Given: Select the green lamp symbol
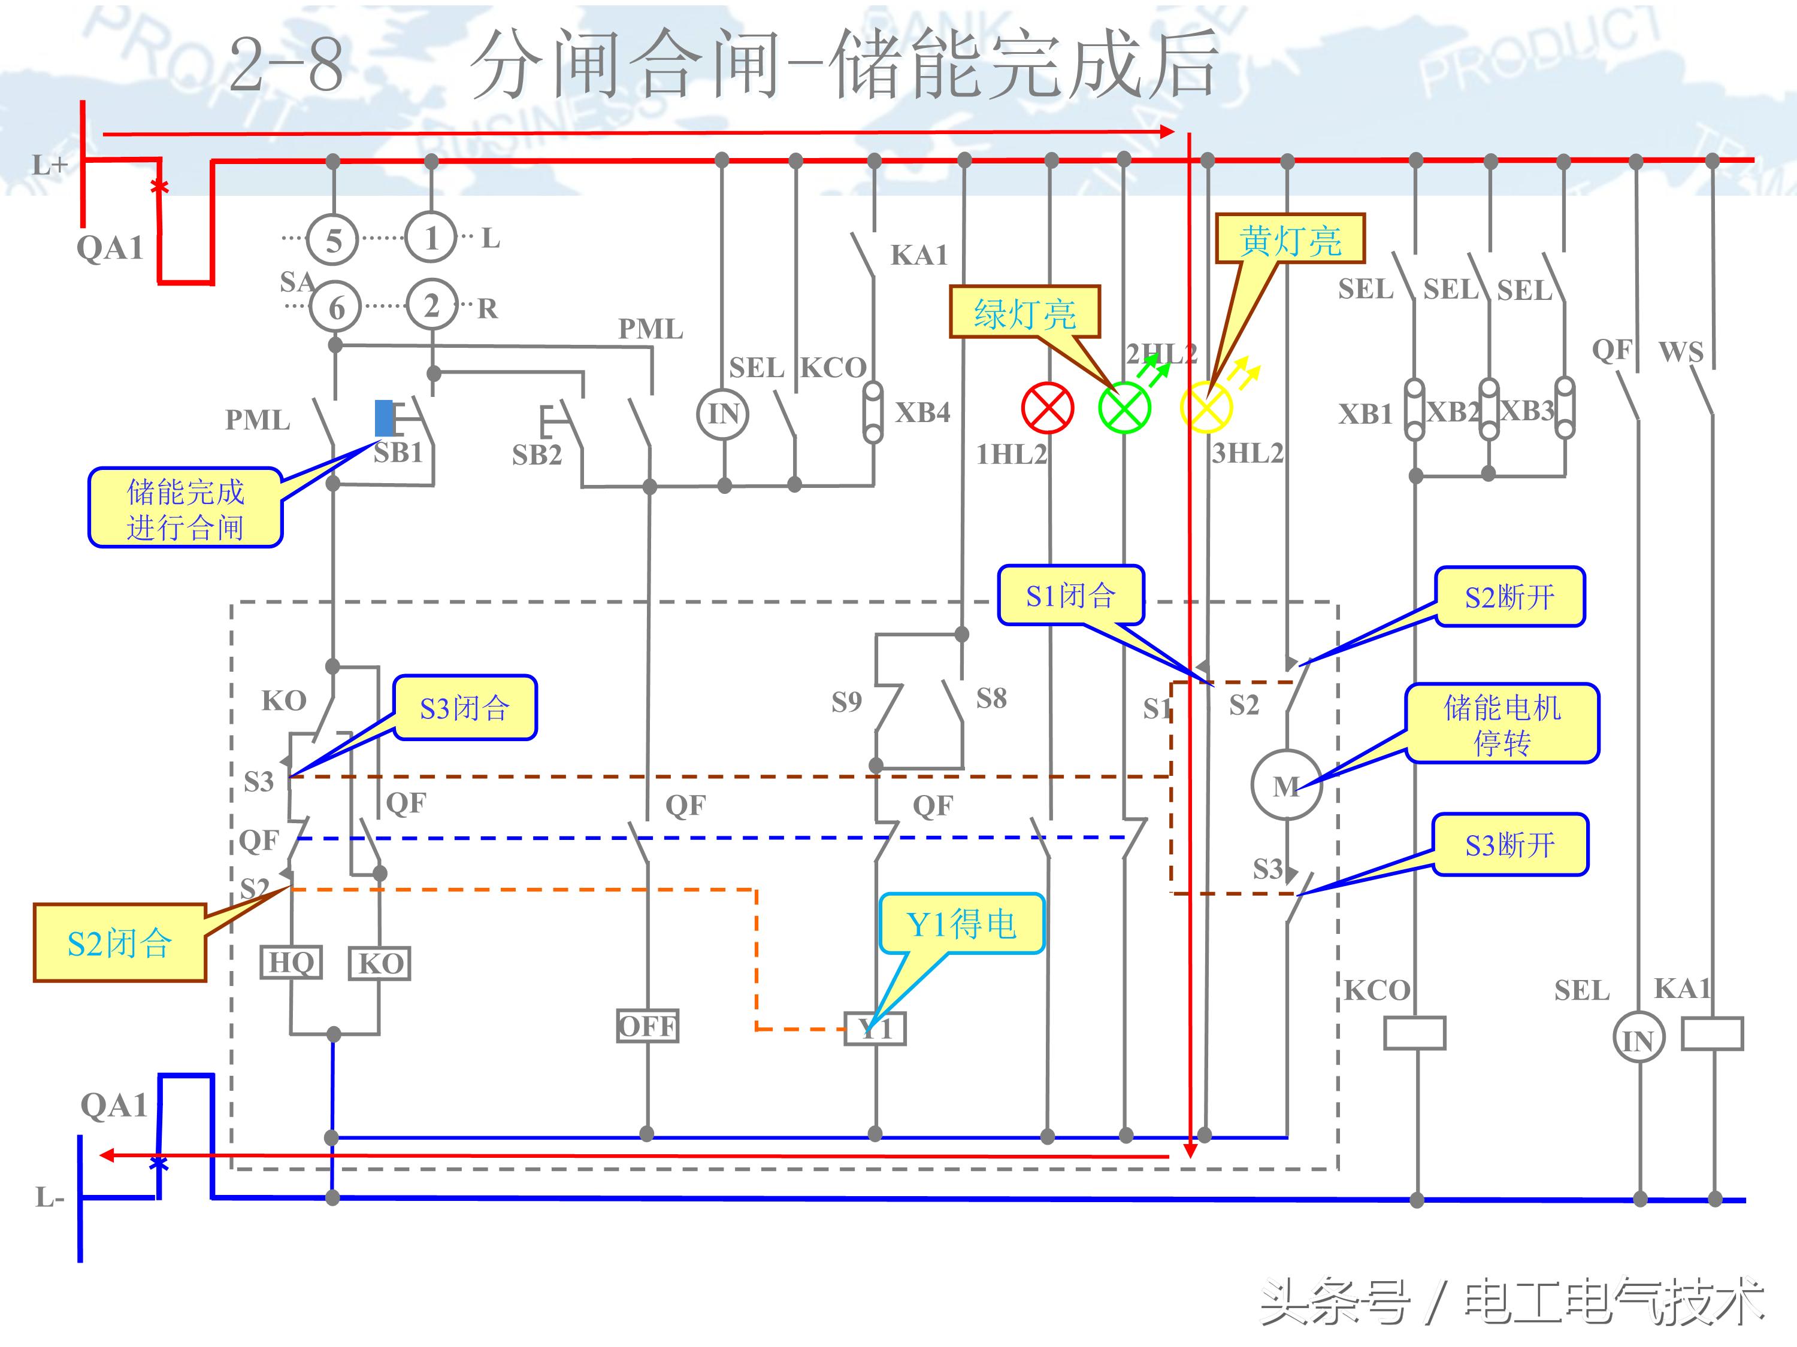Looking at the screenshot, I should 1124,408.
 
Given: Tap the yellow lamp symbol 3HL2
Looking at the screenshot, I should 1206,408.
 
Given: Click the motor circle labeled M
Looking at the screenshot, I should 1286,784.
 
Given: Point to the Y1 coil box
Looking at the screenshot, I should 875,1029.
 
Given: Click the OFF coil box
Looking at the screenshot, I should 648,1026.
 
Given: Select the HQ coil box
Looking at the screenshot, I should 291,962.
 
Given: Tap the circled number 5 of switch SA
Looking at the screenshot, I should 333,240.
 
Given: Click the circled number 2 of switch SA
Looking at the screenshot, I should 431,305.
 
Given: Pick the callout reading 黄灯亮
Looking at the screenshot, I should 1290,239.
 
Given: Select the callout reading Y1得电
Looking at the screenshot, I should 961,924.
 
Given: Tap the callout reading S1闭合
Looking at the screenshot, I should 1071,595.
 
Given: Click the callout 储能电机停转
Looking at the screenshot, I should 1502,723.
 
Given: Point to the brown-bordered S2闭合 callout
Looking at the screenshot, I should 119,943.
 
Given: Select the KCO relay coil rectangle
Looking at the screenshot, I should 1414,1033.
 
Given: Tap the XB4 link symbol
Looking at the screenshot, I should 873,412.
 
